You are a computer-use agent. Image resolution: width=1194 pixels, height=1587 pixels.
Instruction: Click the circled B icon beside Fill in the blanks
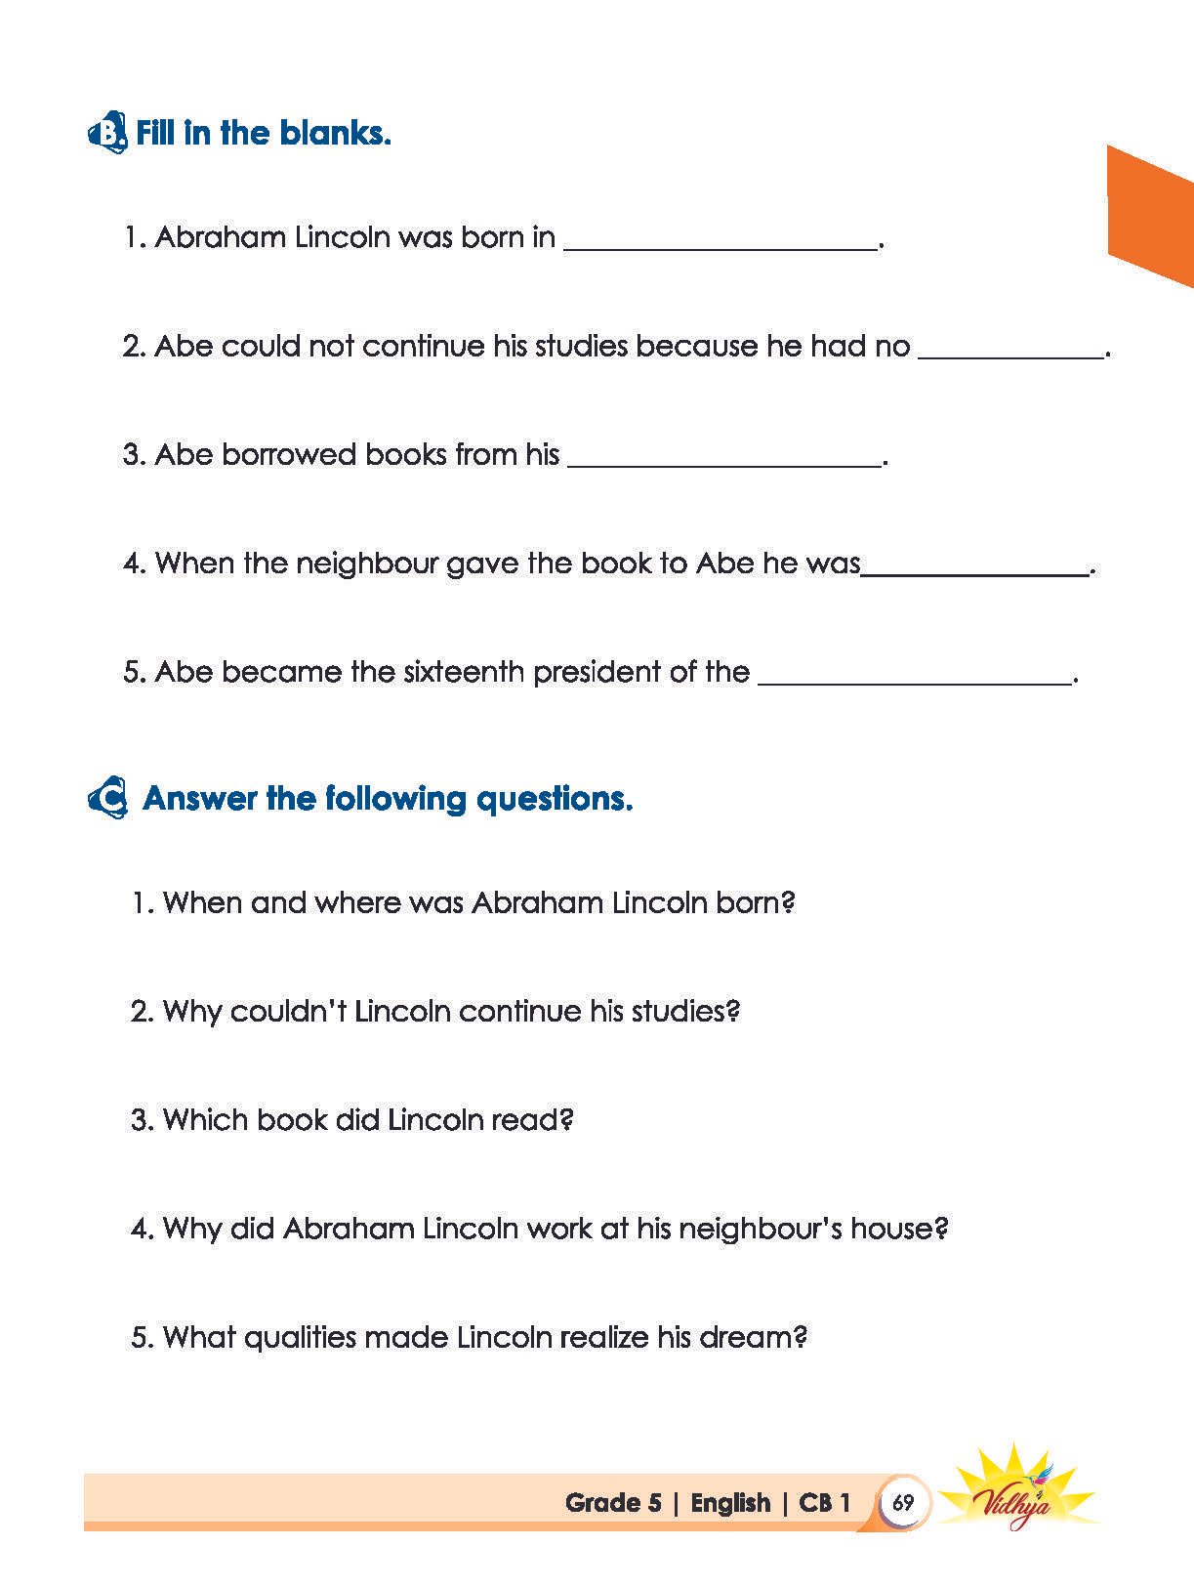click(x=107, y=133)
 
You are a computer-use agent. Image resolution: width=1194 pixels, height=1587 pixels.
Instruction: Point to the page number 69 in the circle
click(x=903, y=1502)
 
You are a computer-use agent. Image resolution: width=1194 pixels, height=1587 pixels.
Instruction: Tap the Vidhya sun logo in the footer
click(x=1016, y=1491)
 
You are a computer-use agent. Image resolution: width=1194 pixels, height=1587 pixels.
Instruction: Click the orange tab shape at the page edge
click(x=1150, y=215)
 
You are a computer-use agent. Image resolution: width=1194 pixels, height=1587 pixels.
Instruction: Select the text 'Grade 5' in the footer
click(x=613, y=1503)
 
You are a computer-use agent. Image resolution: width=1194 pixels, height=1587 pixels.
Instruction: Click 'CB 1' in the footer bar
click(x=825, y=1503)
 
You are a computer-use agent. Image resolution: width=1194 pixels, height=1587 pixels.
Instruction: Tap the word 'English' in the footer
click(x=730, y=1503)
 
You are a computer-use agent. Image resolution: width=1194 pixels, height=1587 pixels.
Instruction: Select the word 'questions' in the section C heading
click(x=554, y=799)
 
